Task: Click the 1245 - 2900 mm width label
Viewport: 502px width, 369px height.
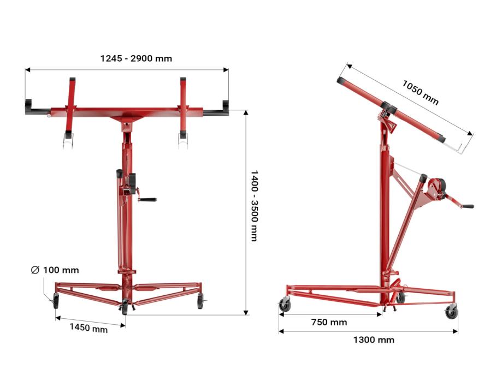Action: pos(136,58)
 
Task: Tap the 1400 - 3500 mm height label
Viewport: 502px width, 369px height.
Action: pos(254,205)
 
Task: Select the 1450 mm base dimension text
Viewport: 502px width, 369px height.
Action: pos(88,328)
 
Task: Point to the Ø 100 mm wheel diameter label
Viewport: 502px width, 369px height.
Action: pos(55,270)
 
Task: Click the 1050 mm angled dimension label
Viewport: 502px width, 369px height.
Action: pos(420,93)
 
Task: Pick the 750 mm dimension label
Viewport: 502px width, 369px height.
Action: pos(329,322)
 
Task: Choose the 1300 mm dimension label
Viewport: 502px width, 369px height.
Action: pos(374,340)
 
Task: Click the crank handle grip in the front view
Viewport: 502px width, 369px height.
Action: pos(148,200)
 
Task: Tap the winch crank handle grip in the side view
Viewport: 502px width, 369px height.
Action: pos(468,206)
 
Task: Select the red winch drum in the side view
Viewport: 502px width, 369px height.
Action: pos(436,189)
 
